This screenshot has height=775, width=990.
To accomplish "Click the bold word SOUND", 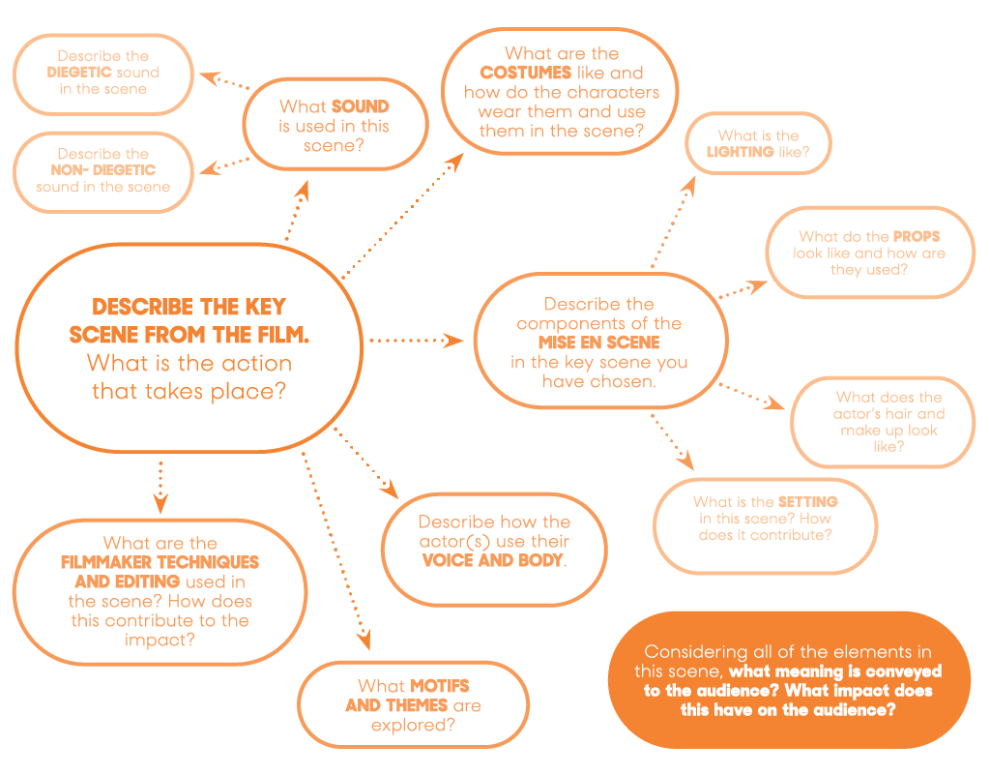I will click(x=361, y=106).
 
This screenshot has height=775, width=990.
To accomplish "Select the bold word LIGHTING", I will click(x=741, y=153).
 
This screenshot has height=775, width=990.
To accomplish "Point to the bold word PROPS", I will click(x=917, y=236).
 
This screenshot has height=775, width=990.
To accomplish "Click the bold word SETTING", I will click(x=808, y=502).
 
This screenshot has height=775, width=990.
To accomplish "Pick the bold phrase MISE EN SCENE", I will click(x=599, y=343).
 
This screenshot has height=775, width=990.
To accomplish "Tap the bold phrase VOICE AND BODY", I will click(x=493, y=560).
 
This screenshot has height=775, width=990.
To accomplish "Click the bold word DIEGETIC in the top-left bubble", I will click(x=80, y=73).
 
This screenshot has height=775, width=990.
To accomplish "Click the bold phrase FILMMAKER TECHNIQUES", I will click(x=160, y=562).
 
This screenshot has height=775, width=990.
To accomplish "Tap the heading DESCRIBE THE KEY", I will click(x=189, y=308).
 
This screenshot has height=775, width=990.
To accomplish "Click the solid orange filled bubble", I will click(x=788, y=679).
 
